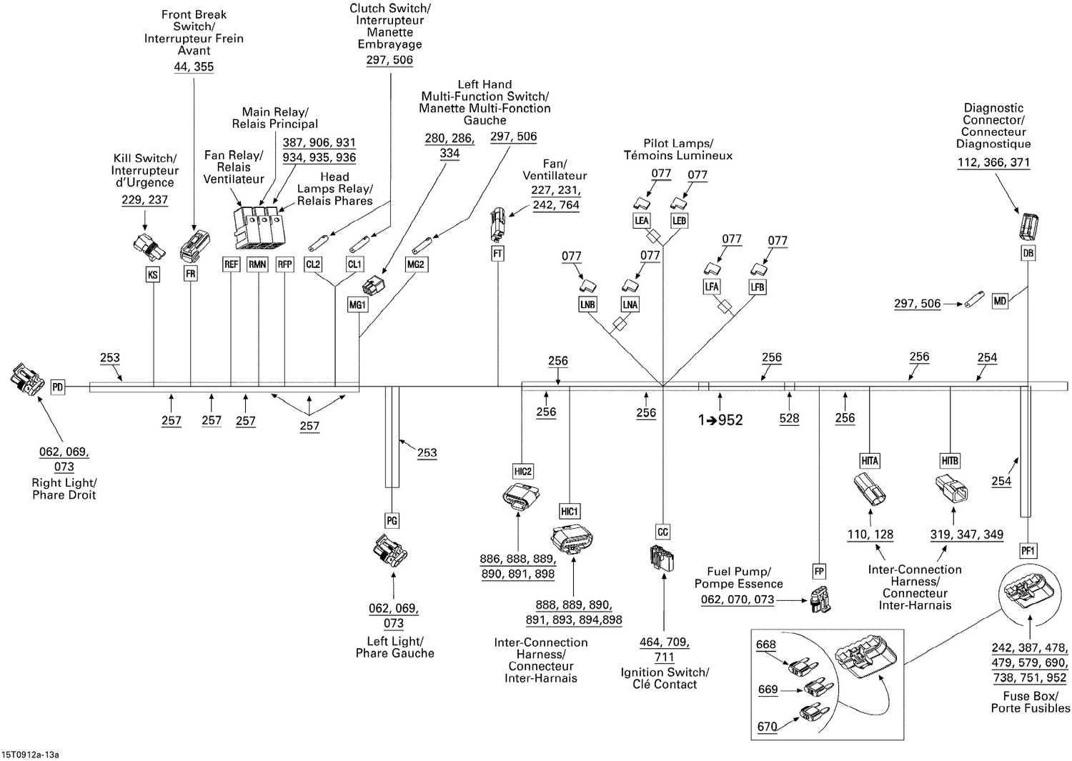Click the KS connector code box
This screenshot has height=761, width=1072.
[152, 274]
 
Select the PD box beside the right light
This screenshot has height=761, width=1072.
[58, 387]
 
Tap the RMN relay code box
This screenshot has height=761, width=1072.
[257, 264]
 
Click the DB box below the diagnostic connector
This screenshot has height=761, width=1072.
[1028, 253]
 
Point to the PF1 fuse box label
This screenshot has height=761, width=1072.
[1028, 551]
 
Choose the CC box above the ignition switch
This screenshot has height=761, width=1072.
[663, 532]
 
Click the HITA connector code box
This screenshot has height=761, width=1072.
[870, 461]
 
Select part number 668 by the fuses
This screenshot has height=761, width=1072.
[766, 645]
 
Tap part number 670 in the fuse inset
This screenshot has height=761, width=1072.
[767, 727]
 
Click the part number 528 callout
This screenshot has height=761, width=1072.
[789, 418]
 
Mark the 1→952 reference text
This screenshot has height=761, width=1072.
[720, 420]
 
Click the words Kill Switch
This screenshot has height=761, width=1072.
[144, 159]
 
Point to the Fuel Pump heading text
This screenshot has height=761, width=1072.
[738, 572]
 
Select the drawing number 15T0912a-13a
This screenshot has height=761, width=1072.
[30, 755]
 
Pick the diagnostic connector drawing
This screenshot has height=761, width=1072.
[1028, 226]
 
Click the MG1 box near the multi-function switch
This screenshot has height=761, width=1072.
[357, 305]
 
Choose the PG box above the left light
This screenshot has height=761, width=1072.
[392, 521]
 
